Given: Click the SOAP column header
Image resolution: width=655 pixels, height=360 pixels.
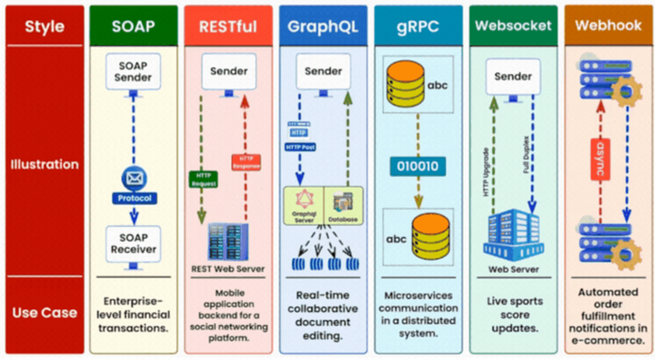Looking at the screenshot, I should click(x=134, y=27).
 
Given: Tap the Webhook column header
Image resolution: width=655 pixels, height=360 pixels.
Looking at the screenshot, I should click(x=608, y=26).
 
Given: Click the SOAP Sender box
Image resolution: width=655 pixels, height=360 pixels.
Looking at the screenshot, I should click(x=134, y=71).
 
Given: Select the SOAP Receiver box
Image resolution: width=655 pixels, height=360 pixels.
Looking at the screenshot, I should click(x=134, y=243).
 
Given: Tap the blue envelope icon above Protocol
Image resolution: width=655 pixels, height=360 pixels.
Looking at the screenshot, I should click(x=134, y=179).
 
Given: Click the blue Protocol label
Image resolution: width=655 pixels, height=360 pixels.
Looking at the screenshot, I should click(x=134, y=198).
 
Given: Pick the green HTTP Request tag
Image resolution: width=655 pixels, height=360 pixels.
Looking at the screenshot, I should click(x=202, y=179).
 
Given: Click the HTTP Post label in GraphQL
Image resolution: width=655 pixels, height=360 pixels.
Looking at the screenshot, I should click(x=299, y=147).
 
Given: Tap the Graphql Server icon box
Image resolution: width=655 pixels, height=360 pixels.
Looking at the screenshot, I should click(x=303, y=205).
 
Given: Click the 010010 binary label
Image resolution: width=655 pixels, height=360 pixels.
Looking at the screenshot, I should click(x=418, y=166).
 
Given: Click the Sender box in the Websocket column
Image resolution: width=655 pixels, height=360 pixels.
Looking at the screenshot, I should click(x=513, y=76).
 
